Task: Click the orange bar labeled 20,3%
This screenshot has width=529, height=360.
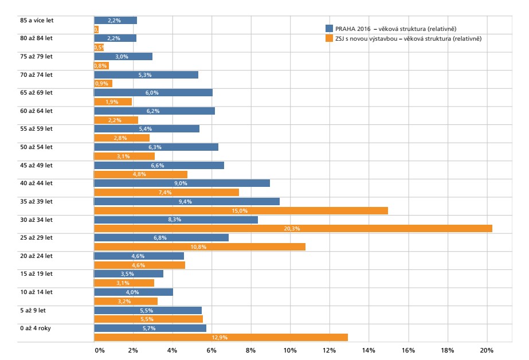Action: pos(292,228)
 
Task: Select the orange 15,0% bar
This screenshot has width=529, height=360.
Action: pos(241,210)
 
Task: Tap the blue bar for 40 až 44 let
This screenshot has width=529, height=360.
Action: pos(182,183)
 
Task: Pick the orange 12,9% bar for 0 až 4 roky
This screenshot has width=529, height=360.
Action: pos(221,337)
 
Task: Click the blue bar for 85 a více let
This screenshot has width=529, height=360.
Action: pos(115,21)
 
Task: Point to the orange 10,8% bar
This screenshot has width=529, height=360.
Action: pos(199,246)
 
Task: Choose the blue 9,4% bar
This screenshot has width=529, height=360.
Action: pos(186,201)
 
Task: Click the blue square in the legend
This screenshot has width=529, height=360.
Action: pos(329,29)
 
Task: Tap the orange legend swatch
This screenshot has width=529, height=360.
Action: pos(329,38)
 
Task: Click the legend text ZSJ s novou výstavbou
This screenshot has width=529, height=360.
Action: pos(367,38)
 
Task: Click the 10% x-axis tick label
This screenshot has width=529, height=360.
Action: pos(290,350)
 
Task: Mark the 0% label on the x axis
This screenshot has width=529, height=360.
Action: pos(100,350)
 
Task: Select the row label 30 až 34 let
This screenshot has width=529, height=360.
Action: pos(36,219)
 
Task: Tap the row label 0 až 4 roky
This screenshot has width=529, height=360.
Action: pos(36,328)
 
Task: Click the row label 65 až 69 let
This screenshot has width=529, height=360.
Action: pos(36,92)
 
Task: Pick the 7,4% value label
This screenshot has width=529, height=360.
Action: pos(166,193)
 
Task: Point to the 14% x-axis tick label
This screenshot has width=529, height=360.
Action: pos(369,350)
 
